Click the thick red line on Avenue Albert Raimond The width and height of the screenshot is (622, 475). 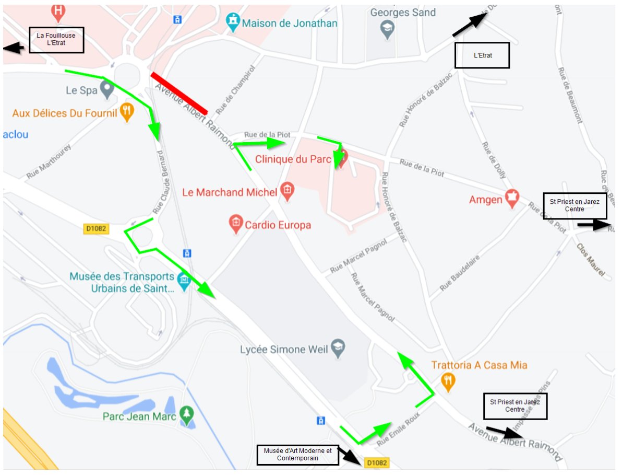179,94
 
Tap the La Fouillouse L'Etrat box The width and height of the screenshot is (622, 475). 56,40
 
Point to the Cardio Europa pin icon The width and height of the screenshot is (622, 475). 236,224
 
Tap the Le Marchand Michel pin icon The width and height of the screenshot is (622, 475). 286,191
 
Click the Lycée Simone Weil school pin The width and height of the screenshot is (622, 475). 338,349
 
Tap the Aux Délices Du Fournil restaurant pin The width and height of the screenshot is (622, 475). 126,111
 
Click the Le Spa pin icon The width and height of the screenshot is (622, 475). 107,90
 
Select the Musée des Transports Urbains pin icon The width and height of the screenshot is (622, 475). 183,281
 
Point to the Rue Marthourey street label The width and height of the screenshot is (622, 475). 48,162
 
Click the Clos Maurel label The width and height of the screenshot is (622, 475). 591,260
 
